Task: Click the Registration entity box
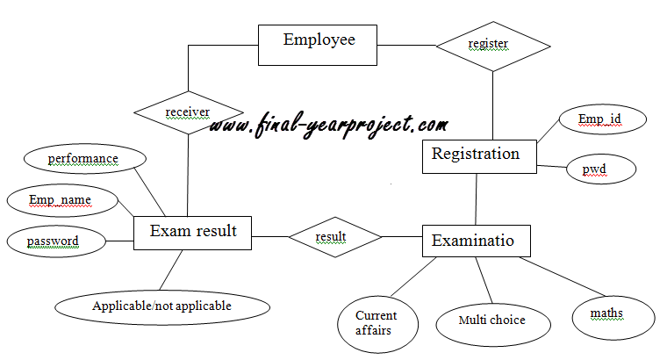pyautogui.click(x=476, y=156)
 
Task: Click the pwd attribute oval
pyautogui.click(x=600, y=168)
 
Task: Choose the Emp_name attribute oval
pyautogui.click(x=60, y=201)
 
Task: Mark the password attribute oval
pyautogui.click(x=53, y=241)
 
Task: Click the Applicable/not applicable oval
pyautogui.click(x=161, y=306)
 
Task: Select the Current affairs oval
pyautogui.click(x=377, y=322)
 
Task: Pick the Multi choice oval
pyautogui.click(x=491, y=320)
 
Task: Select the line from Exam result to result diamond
pyautogui.click(x=269, y=236)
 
